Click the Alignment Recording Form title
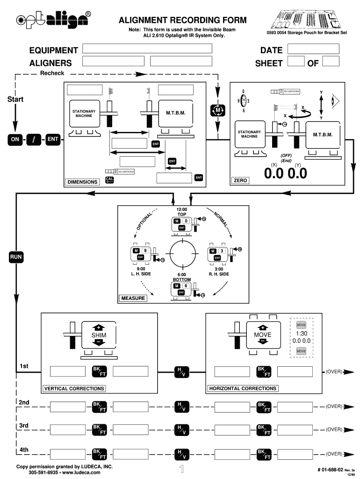pos(182,21)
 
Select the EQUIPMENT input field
pos(147,49)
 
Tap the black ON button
pos(15,139)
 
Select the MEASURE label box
pos(133,298)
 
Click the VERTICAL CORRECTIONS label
pos(74,388)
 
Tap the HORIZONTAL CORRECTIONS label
pos(243,388)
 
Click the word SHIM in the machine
pos(99,335)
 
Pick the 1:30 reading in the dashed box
pos(301,334)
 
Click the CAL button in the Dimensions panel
pos(109,180)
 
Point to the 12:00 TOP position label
pos(182,211)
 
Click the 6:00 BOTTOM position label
pos(182,277)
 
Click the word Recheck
pos(52,73)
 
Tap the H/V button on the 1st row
pos(181,372)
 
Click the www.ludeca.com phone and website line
pos(65,472)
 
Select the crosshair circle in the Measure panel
pos(182,254)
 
